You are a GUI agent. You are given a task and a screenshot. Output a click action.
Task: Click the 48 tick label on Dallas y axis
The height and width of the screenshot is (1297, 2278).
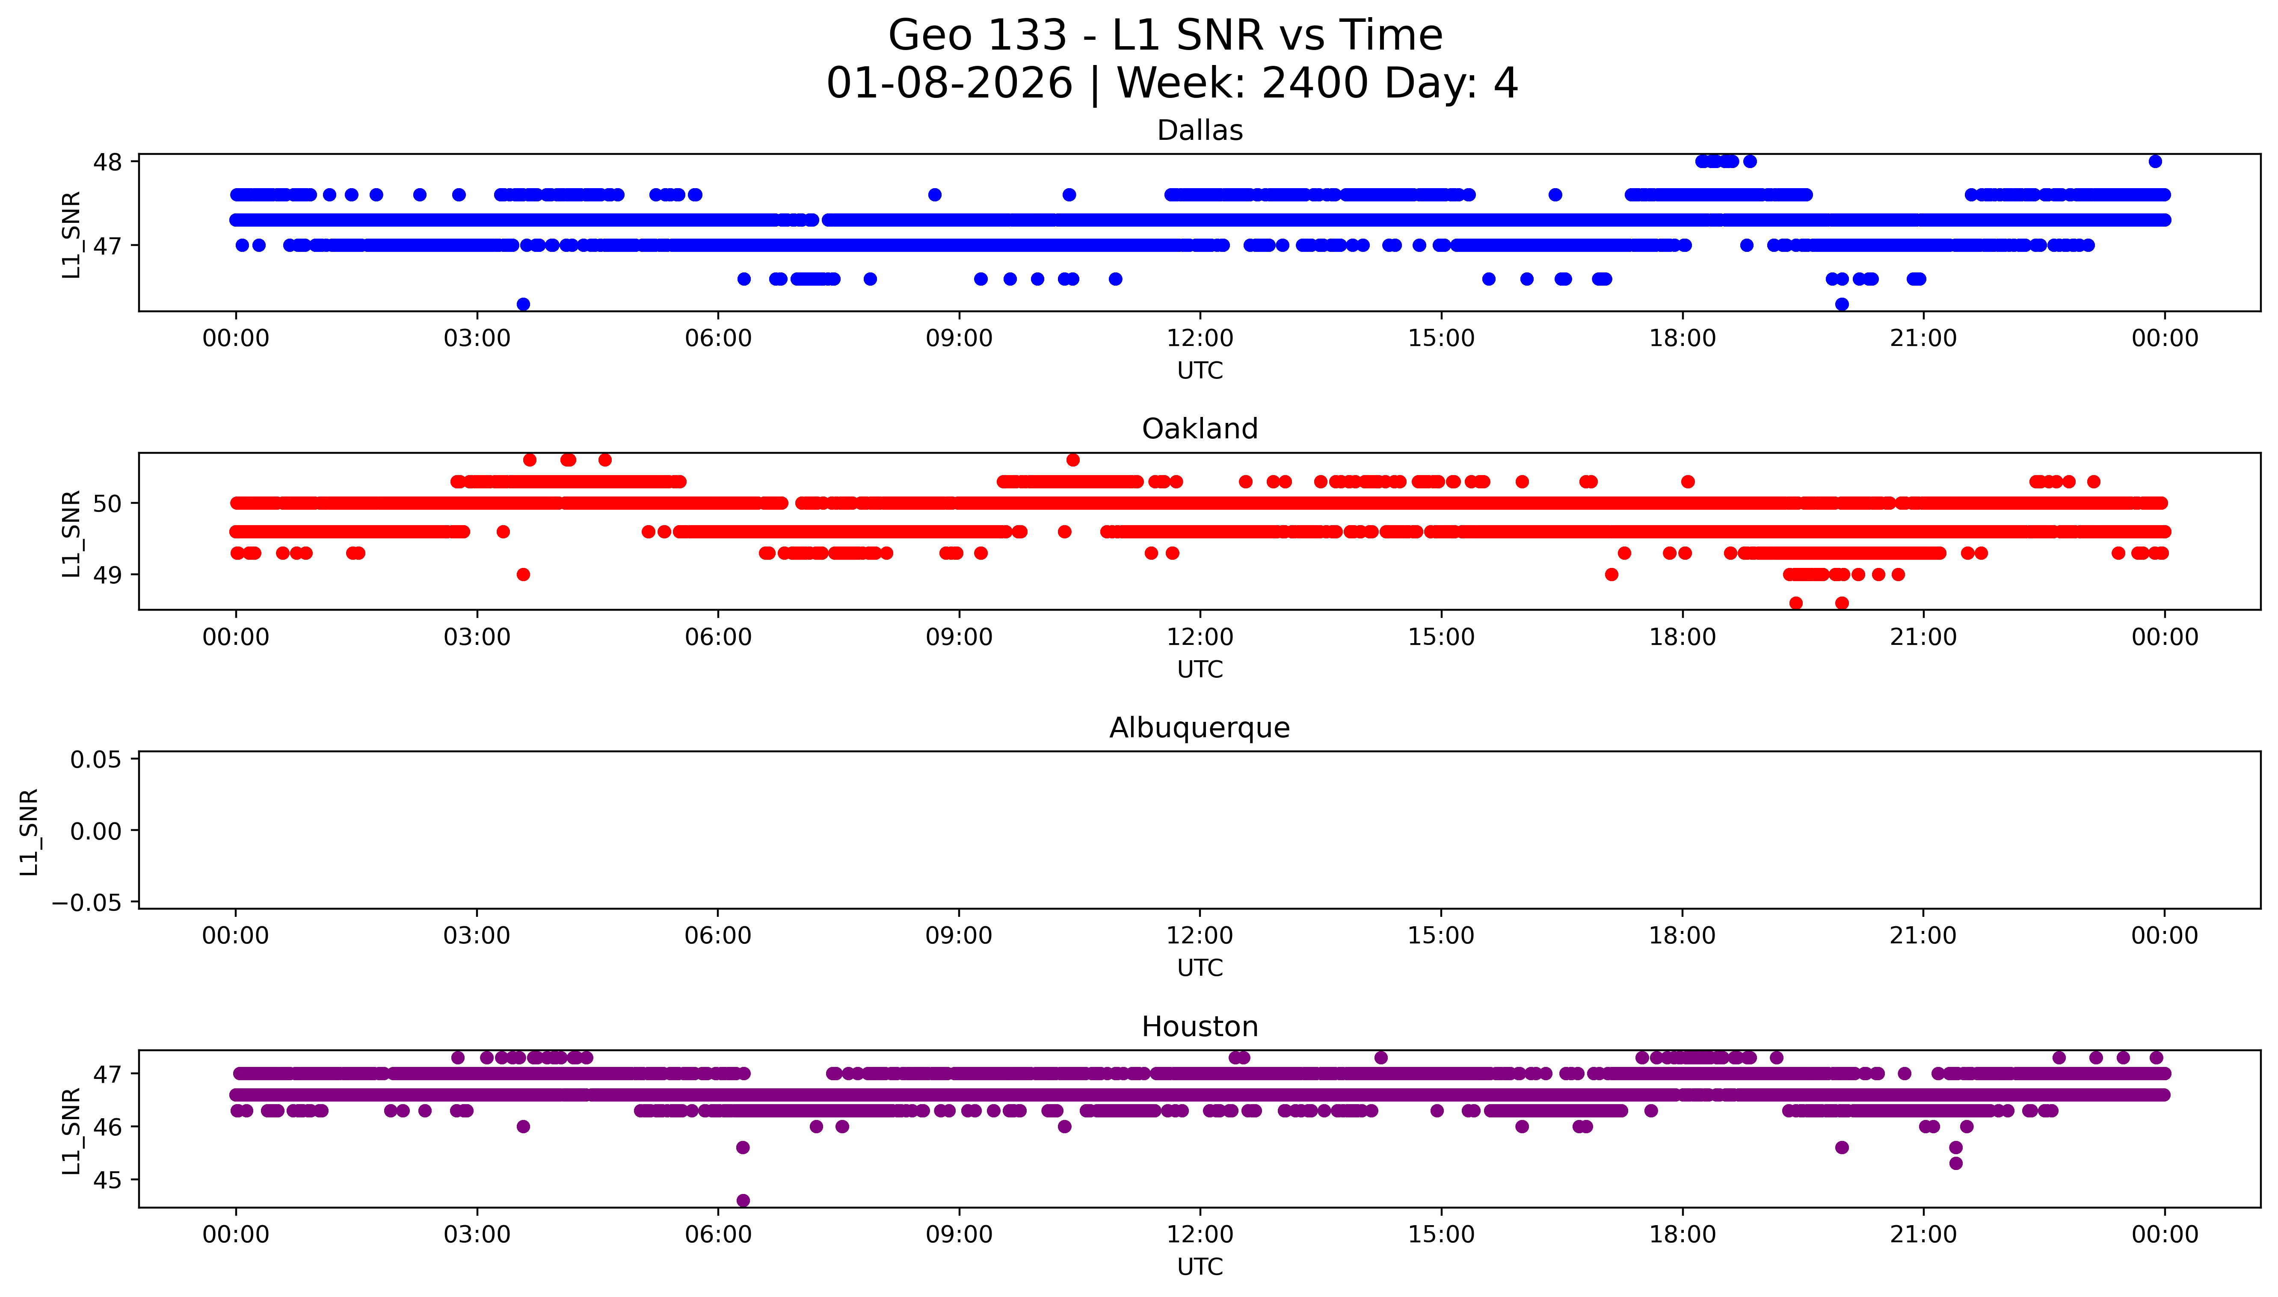(108, 162)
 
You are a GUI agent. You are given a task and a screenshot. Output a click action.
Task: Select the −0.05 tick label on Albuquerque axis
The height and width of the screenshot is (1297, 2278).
(87, 903)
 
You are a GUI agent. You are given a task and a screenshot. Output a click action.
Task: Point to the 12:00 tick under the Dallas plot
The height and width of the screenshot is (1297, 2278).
(1200, 339)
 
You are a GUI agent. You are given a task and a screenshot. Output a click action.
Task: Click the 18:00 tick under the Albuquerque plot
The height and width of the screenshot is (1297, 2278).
(1682, 936)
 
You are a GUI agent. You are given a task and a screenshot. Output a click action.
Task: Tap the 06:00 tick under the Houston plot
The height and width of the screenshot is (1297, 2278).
(718, 1235)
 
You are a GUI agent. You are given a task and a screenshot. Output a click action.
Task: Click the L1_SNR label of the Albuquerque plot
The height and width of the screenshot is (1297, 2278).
(30, 831)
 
